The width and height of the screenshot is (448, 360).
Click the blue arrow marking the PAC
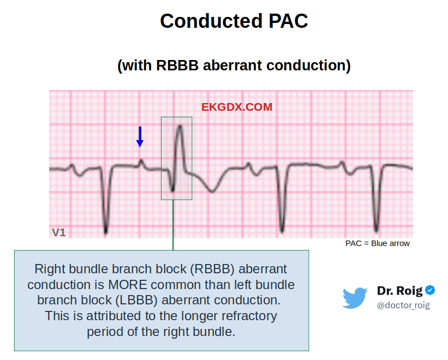coord(140,137)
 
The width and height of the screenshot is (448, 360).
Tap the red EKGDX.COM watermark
coord(237,107)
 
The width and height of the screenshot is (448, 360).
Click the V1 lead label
coord(59,232)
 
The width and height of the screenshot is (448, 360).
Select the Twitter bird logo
coord(355,298)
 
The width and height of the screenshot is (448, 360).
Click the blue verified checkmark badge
coord(430,290)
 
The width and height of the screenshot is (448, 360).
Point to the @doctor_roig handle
coord(403,305)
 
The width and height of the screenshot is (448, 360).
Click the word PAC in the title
coord(288,21)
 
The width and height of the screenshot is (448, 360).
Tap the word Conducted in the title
coord(211,21)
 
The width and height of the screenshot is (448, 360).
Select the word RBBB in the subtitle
coord(177,65)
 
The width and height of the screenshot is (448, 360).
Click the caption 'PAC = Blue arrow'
coord(378,243)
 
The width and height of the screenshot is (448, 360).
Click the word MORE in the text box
coord(128,285)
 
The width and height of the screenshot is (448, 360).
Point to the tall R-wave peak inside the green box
coord(180,126)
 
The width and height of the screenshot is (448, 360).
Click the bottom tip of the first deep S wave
coord(106,232)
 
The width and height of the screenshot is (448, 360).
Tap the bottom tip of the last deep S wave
coord(376,230)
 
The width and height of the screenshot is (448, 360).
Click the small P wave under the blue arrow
coord(141,162)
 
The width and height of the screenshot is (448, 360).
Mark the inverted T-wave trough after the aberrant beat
coord(212,191)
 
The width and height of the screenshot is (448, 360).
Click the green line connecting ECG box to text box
coord(173,225)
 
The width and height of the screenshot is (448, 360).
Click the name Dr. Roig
coord(399,291)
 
